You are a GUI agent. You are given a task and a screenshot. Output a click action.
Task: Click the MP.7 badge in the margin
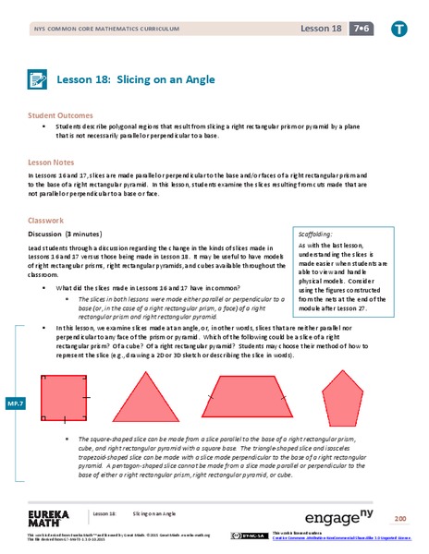point(15,403)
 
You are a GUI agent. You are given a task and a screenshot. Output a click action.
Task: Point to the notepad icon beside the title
point(38,80)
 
